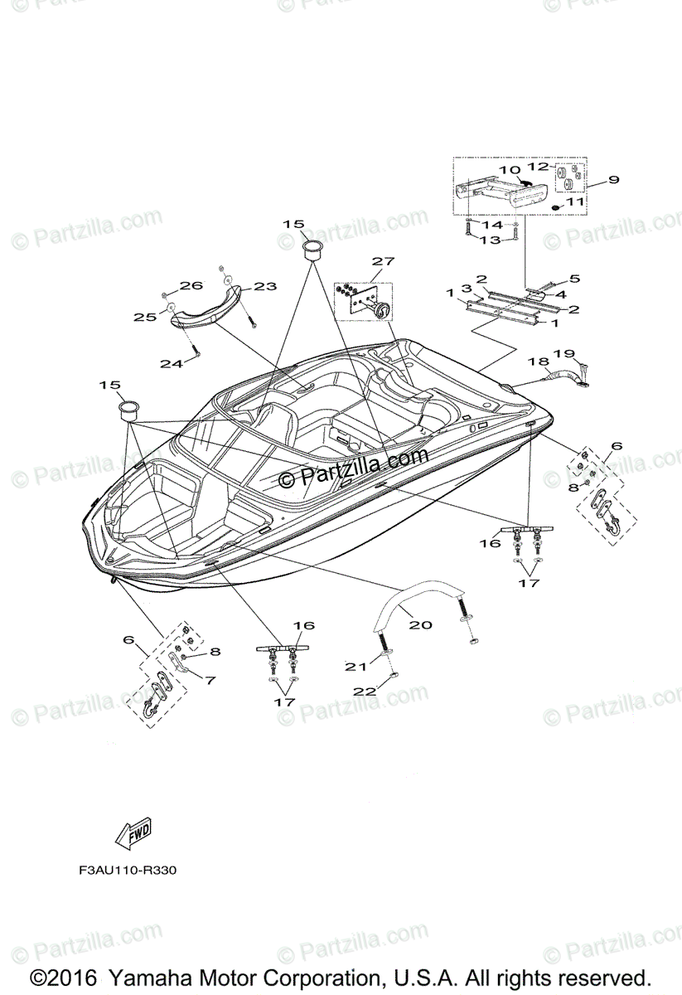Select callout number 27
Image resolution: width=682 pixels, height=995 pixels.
point(382,262)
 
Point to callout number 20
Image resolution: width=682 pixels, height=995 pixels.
point(420,624)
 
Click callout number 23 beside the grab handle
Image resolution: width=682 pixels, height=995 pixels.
point(265,287)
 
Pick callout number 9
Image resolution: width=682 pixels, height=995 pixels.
point(613,179)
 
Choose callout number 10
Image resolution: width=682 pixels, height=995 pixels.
point(505,170)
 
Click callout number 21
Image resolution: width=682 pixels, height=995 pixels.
point(356,665)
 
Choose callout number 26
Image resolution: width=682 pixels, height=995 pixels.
point(191,286)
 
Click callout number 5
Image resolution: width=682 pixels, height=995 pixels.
point(574,279)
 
